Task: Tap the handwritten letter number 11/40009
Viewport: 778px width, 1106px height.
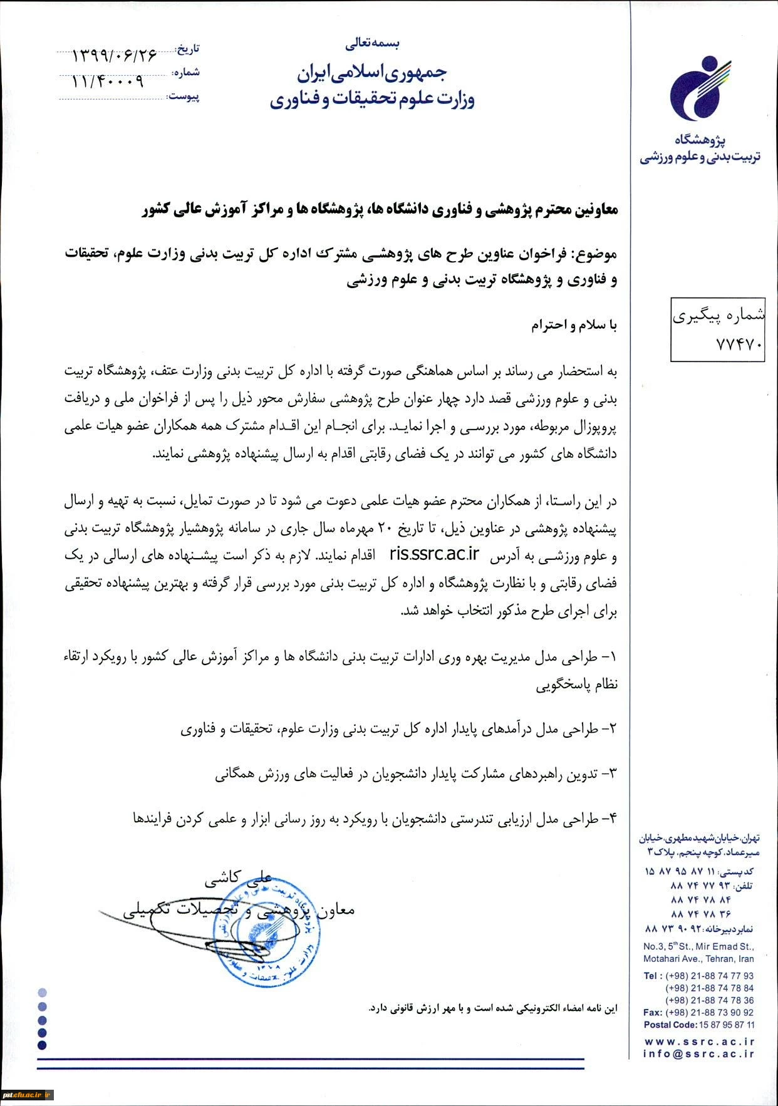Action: pyautogui.click(x=108, y=81)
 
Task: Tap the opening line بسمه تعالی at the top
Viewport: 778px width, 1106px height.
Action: pyautogui.click(x=372, y=44)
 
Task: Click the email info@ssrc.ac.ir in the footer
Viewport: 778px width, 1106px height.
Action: pyautogui.click(x=698, y=1054)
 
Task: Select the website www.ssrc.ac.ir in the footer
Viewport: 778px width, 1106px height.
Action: pyautogui.click(x=698, y=1041)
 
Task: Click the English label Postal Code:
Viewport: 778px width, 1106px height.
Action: pyautogui.click(x=670, y=1025)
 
